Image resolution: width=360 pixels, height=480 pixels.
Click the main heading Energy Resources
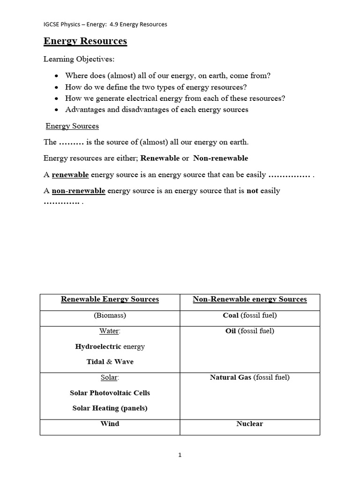(x=85, y=41)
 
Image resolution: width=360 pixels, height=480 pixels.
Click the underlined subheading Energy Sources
(x=72, y=126)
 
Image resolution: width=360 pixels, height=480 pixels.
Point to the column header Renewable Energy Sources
(x=110, y=299)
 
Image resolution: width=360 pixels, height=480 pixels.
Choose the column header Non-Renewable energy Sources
(x=249, y=299)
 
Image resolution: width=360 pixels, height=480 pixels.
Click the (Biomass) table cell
(x=110, y=315)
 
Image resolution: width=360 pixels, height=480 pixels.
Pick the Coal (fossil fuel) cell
(x=249, y=315)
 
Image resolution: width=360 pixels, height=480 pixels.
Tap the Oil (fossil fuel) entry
(x=249, y=331)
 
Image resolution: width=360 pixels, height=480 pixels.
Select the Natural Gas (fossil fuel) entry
(x=249, y=377)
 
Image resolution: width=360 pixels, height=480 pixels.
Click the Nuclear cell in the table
(x=249, y=424)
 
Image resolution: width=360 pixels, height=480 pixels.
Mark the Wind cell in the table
(x=110, y=424)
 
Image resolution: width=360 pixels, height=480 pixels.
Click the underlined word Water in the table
(x=109, y=331)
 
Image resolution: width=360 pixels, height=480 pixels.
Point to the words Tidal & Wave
(x=110, y=362)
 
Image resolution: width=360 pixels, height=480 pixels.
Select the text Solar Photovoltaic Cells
(x=110, y=393)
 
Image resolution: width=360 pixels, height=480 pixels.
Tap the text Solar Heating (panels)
(x=110, y=408)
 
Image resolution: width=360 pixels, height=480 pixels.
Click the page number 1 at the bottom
(x=180, y=455)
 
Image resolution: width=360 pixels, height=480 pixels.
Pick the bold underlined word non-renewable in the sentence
(x=78, y=191)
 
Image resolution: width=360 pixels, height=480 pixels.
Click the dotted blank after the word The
(x=71, y=142)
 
